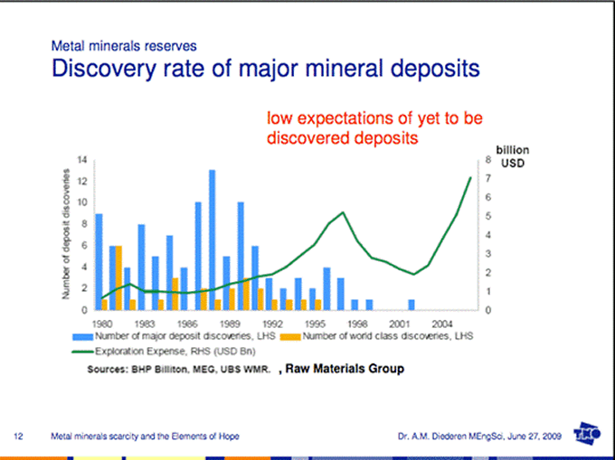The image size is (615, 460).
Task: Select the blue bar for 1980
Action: (x=99, y=262)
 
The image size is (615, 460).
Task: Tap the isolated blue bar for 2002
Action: (x=412, y=305)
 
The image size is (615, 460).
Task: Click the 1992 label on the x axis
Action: (x=272, y=322)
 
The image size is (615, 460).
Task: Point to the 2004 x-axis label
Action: (x=442, y=322)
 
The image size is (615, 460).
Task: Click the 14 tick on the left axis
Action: (x=82, y=160)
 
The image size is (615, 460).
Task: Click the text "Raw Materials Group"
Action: (x=345, y=369)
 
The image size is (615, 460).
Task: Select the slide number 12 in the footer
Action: (x=18, y=437)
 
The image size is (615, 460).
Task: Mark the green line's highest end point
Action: (x=471, y=177)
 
